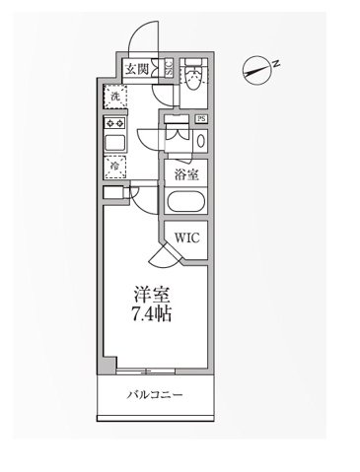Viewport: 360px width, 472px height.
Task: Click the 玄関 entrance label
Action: tap(136, 68)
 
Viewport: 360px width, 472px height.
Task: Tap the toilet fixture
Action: tap(193, 78)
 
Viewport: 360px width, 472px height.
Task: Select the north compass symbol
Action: tap(257, 70)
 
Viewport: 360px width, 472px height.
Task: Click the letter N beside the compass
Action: tap(277, 63)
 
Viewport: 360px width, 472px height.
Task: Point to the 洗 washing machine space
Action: tap(115, 97)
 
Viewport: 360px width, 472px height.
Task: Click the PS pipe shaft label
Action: tap(201, 119)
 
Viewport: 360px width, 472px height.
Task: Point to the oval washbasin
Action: tap(201, 139)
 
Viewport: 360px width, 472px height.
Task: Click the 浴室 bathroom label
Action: tap(185, 174)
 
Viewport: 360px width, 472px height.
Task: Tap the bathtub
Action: tap(186, 204)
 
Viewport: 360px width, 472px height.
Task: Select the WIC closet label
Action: tap(188, 237)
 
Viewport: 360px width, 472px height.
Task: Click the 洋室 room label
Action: tap(151, 293)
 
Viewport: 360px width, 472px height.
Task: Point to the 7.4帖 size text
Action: tap(151, 314)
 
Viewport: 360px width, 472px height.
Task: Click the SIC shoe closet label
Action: tap(168, 68)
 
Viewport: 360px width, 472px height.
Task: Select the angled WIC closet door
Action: tap(162, 258)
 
